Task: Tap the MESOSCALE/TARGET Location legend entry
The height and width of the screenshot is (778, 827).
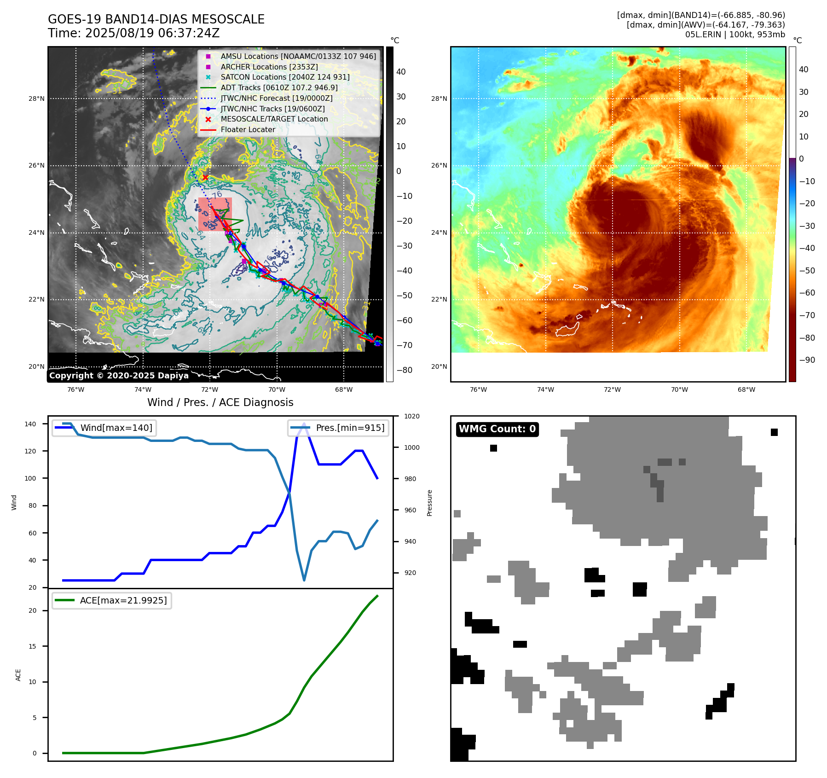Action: click(274, 119)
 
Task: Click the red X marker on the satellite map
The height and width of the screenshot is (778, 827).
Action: click(205, 177)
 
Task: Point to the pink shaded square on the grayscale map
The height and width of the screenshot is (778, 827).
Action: click(215, 214)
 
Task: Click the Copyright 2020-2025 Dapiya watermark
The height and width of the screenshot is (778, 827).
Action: click(119, 376)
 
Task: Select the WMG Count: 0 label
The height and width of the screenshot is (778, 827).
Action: click(497, 429)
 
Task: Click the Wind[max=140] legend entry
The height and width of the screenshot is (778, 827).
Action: click(116, 428)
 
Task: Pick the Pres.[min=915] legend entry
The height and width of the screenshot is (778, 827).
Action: click(350, 428)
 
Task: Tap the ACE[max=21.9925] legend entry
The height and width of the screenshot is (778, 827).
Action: click(123, 600)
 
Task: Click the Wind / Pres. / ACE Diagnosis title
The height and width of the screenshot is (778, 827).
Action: click(220, 402)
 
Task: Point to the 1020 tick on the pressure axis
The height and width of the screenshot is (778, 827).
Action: click(412, 416)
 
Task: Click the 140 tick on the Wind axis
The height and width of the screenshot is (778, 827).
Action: click(30, 424)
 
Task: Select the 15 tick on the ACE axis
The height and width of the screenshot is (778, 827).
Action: click(32, 646)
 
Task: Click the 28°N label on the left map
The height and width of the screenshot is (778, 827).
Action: click(36, 99)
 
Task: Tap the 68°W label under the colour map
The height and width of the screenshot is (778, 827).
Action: click(746, 389)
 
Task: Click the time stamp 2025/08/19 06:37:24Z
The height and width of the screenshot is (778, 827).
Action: click(152, 33)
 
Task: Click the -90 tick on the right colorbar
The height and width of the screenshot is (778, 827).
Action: click(807, 360)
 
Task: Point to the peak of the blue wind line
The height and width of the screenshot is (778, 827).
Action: click(304, 424)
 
